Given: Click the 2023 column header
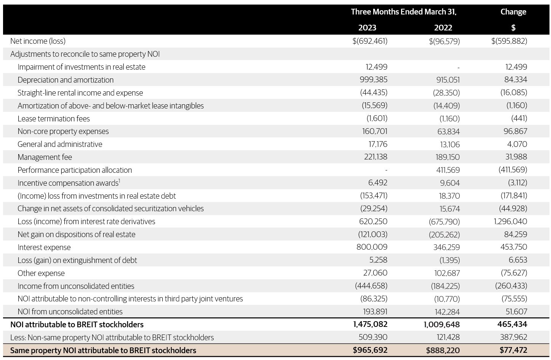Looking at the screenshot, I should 367,28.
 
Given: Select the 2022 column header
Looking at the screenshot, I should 443,28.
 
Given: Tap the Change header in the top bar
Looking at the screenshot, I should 513,12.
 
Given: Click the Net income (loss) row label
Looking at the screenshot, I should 38,41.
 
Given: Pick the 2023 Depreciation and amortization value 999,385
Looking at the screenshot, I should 373,80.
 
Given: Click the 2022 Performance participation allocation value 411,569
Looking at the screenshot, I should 448,170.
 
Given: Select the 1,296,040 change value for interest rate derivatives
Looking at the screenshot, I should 510,221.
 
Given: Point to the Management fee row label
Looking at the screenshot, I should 45,157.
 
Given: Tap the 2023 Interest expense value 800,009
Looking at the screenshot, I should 372,247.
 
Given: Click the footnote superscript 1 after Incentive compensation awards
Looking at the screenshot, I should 119,181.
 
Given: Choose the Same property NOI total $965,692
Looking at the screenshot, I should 370,350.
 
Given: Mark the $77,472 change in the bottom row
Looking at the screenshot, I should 513,350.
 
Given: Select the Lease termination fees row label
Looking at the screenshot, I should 54,119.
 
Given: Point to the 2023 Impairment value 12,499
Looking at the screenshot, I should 376,67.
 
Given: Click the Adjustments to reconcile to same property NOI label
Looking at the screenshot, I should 85,54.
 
